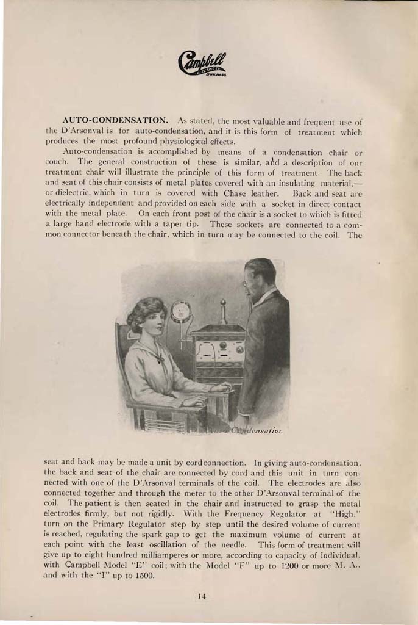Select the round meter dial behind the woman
point(181,312)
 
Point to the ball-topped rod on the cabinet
point(223,311)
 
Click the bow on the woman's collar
point(159,358)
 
